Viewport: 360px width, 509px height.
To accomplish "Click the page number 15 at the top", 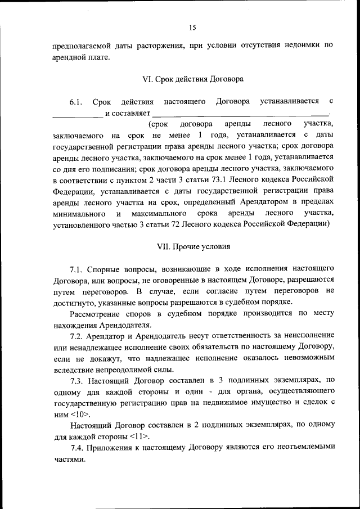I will click(192, 27).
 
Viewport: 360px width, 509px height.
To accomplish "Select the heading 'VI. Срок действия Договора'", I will click(193, 79).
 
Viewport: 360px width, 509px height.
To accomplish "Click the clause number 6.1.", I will click(76, 102).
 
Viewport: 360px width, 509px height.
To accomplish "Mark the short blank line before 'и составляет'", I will click(78, 114).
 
